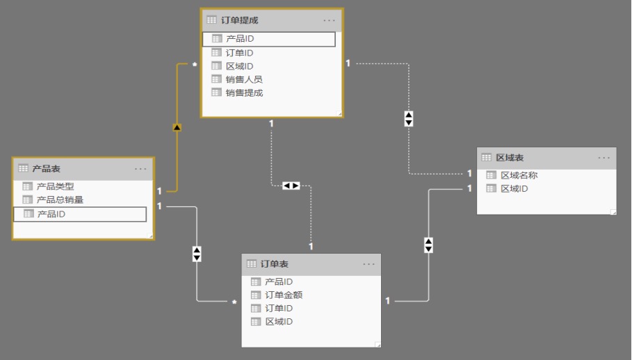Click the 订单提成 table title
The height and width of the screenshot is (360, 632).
tap(239, 20)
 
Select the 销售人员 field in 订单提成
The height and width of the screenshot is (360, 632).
tap(244, 79)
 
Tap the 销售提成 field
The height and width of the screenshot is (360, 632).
tap(244, 92)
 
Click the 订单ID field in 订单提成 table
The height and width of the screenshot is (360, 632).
tap(239, 53)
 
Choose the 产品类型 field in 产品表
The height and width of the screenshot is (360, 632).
tap(55, 186)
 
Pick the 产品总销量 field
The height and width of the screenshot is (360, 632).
tap(60, 199)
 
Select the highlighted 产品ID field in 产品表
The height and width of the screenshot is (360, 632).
tap(51, 213)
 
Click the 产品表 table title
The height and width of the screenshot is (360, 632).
tap(46, 169)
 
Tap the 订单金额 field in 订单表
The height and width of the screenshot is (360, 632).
tap(284, 295)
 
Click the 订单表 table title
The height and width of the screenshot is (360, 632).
tap(274, 264)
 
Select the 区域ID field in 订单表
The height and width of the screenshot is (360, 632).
tap(279, 322)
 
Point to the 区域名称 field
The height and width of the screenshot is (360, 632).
tap(519, 175)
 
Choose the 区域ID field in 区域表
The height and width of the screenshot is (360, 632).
tap(514, 188)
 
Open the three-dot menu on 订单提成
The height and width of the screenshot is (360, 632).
tap(329, 20)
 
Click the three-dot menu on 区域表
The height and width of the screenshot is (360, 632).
tap(603, 158)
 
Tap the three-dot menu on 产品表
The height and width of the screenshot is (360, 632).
tap(140, 169)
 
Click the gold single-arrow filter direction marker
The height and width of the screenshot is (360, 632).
tap(177, 127)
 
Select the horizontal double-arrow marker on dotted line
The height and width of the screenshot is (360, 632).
tap(291, 186)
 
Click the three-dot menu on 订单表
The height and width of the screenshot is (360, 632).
tap(368, 264)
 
